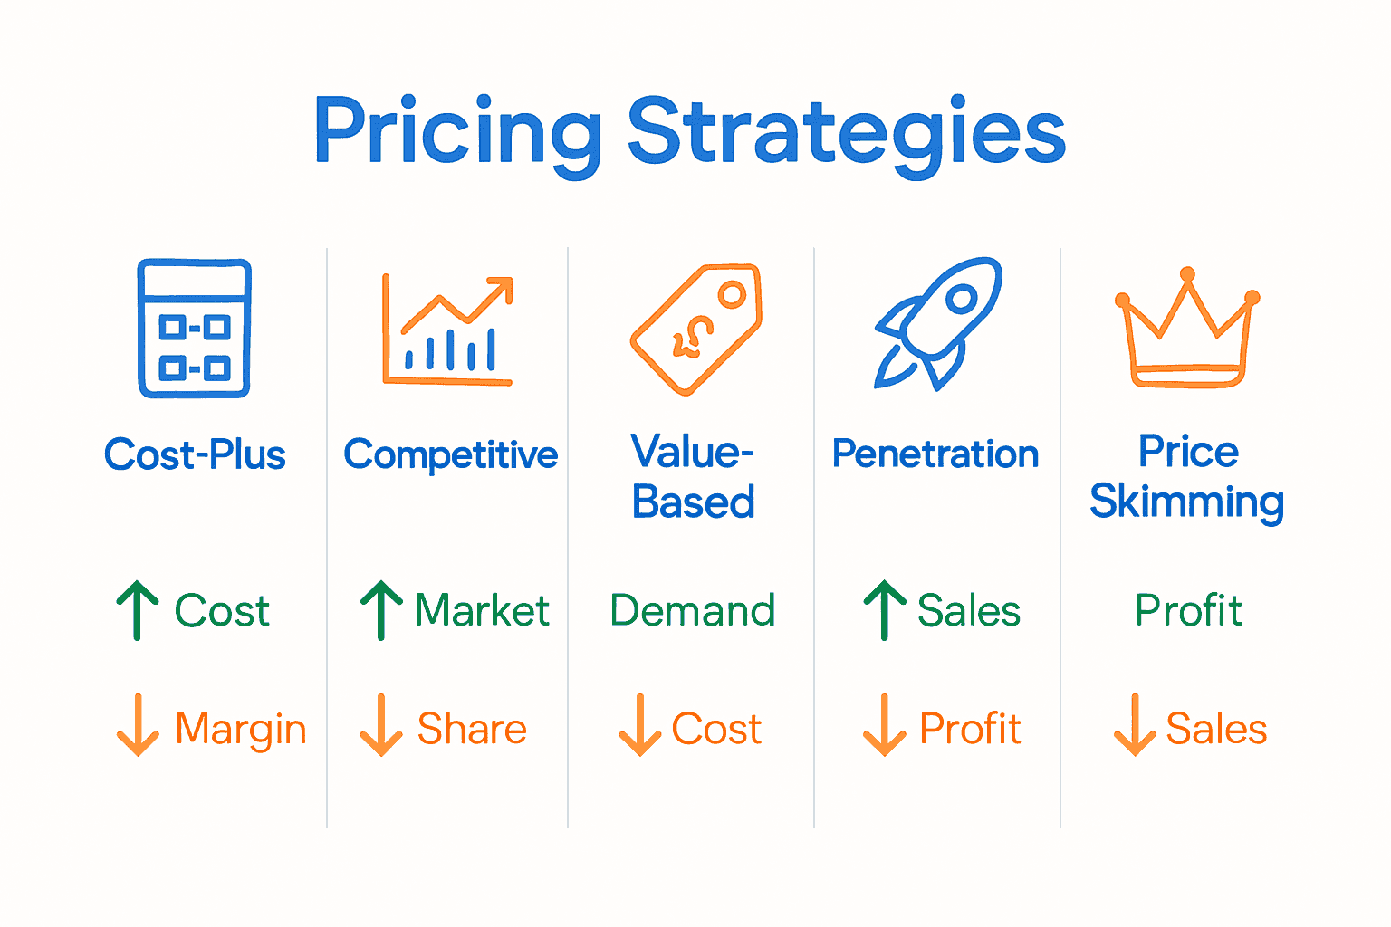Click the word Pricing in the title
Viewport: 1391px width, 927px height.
(x=457, y=134)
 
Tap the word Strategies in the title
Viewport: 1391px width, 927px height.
(x=846, y=134)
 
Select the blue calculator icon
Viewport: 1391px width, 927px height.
(x=194, y=329)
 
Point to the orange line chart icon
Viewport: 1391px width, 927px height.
(x=447, y=330)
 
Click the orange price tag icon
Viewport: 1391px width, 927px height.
(x=695, y=329)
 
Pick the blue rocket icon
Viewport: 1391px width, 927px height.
(x=937, y=323)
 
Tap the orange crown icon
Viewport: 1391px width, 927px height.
(x=1187, y=329)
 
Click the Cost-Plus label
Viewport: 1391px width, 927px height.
(x=195, y=454)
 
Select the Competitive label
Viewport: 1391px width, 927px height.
(x=450, y=455)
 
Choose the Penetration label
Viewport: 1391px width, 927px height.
(x=935, y=454)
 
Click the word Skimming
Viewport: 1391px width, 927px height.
(x=1186, y=502)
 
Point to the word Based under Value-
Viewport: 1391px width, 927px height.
(x=693, y=502)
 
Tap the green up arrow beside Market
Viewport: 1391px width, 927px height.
(x=381, y=610)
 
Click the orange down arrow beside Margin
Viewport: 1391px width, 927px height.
(x=138, y=725)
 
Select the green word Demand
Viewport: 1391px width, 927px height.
(x=693, y=611)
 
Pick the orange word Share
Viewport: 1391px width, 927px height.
(x=472, y=729)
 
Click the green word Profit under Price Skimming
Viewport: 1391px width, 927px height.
(x=1188, y=611)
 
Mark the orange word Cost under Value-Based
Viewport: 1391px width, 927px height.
(x=716, y=729)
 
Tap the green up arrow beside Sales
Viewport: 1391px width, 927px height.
(x=884, y=610)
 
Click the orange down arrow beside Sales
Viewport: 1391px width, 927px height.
(x=1134, y=725)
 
